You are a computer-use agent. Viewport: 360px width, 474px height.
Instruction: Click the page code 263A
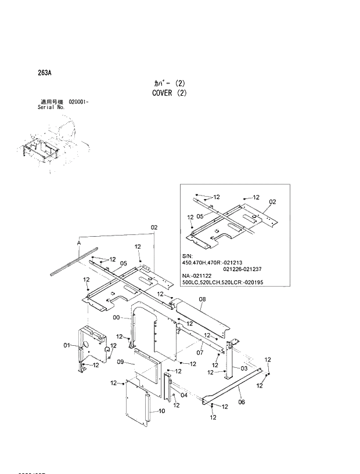point(44,73)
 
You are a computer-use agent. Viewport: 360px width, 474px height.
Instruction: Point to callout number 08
point(202,300)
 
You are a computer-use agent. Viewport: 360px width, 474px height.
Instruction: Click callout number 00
point(116,318)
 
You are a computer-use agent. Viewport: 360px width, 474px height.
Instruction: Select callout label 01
point(66,346)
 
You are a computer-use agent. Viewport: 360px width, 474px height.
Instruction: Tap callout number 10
point(161,411)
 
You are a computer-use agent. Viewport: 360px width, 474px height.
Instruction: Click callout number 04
point(183,395)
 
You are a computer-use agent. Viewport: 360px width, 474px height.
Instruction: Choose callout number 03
point(244,368)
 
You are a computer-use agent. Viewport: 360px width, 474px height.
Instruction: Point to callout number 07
point(199,352)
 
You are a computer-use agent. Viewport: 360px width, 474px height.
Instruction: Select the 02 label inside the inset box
point(272,202)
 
